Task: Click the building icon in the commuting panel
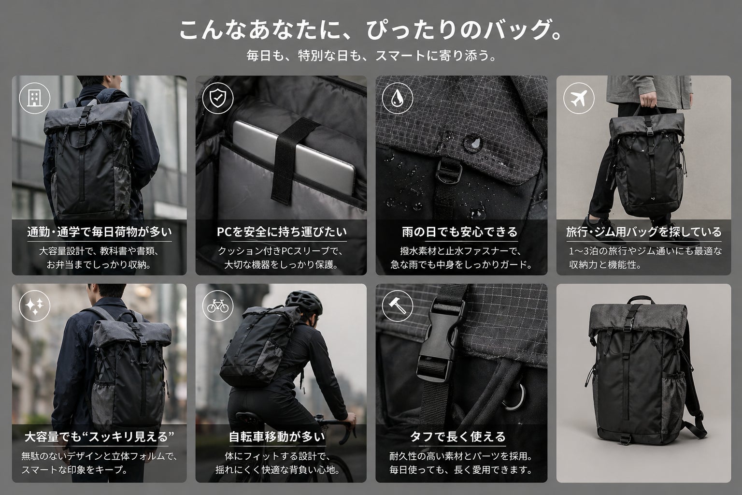(x=34, y=98)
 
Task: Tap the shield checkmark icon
(x=218, y=98)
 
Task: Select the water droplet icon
(x=397, y=99)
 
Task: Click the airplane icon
(x=579, y=98)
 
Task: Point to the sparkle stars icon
(x=34, y=306)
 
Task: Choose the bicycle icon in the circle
(x=218, y=306)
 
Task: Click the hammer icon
(x=397, y=306)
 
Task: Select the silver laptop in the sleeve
(x=295, y=156)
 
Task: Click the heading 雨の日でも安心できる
(x=459, y=232)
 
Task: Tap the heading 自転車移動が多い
(x=277, y=437)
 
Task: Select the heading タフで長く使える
(x=458, y=437)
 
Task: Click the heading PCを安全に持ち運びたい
(x=282, y=232)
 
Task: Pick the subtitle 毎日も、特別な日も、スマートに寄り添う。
(x=371, y=56)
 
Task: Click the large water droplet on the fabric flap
(x=472, y=143)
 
